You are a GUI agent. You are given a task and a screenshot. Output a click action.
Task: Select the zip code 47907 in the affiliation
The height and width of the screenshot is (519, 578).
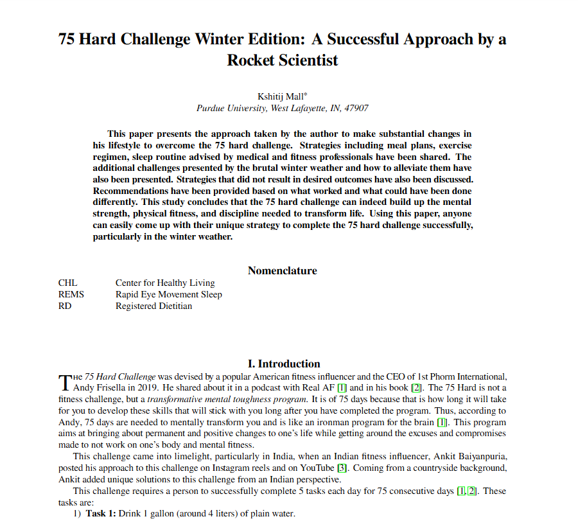356,109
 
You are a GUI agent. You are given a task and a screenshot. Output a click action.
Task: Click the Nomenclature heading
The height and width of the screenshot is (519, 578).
283,270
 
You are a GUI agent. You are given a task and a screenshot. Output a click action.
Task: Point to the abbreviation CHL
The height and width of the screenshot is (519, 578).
67,283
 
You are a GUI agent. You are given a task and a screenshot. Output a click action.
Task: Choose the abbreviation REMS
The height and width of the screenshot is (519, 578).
71,294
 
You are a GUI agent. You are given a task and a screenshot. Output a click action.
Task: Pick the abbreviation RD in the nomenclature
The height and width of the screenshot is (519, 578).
65,306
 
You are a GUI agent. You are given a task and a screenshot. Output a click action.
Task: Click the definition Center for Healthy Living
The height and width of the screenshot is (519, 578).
165,283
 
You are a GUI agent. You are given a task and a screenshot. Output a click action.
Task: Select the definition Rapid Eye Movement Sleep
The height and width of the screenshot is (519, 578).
169,294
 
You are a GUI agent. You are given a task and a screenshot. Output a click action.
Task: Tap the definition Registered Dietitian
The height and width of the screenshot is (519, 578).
153,306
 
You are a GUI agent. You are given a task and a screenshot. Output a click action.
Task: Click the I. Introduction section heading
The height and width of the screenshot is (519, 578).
284,364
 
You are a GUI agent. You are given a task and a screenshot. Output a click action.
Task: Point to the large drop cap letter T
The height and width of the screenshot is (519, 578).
64,382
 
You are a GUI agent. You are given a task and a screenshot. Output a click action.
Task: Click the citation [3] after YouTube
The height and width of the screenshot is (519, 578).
342,468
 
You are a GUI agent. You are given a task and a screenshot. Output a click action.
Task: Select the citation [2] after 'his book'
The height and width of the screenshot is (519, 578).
416,387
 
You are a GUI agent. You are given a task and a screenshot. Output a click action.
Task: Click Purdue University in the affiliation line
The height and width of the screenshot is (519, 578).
232,109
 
